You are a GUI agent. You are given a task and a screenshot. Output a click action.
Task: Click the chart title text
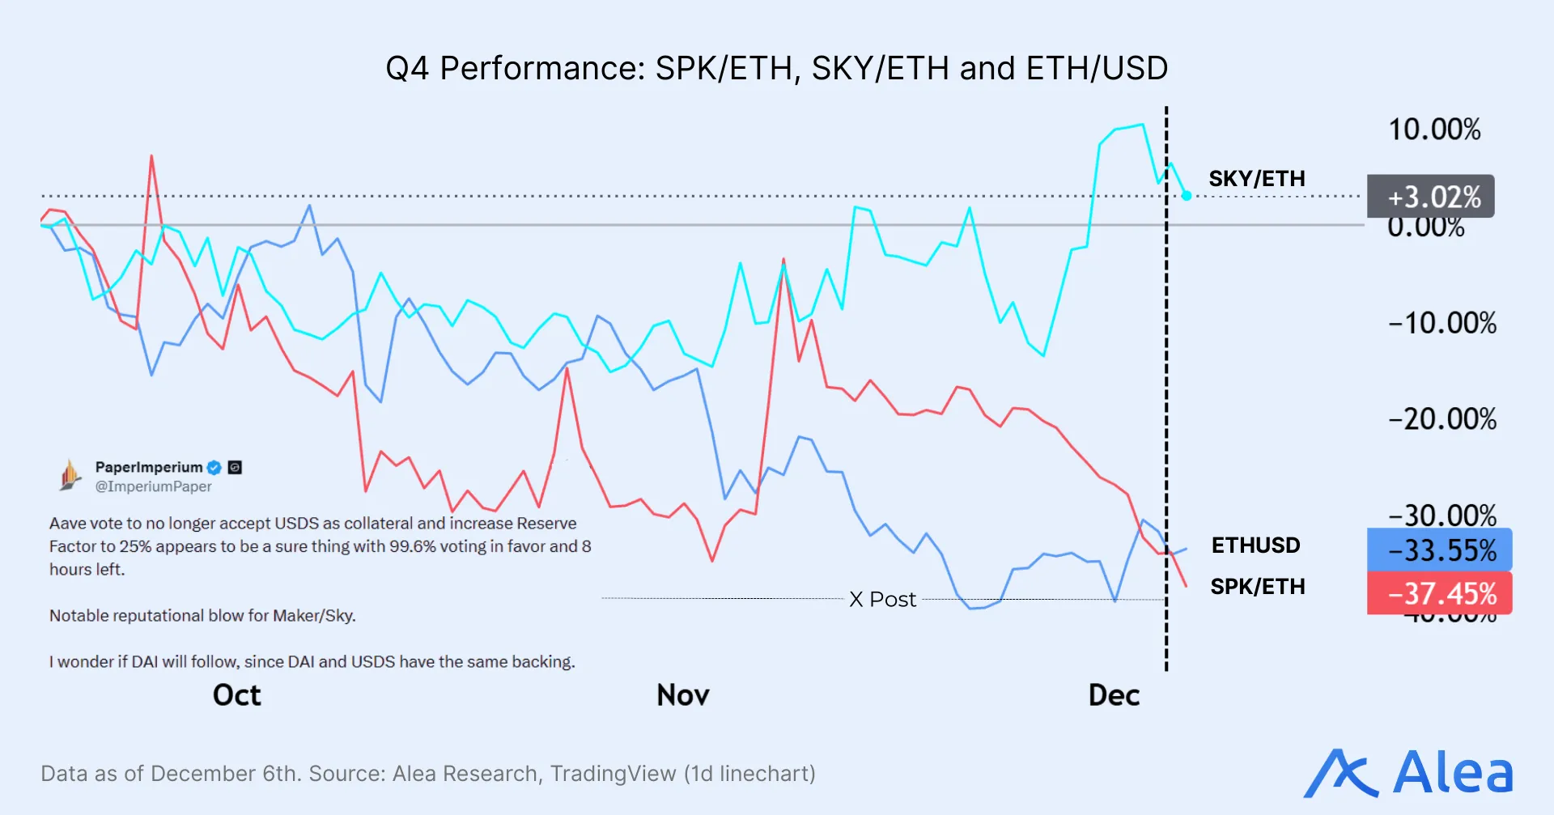coord(776,68)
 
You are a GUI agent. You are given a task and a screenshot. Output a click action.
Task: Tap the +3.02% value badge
coord(1430,197)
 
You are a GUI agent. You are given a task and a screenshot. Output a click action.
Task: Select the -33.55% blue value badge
coord(1439,550)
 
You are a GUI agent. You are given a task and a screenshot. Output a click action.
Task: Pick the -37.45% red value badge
coord(1439,593)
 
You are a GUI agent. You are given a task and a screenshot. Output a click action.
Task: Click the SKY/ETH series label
coord(1256,179)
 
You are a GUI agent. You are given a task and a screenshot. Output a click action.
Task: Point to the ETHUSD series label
coord(1255,545)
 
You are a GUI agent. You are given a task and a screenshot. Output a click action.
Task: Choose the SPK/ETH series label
coord(1257,587)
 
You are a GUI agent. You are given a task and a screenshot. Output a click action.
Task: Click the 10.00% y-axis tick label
coord(1434,129)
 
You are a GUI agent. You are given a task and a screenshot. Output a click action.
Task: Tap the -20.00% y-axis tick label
coord(1441,419)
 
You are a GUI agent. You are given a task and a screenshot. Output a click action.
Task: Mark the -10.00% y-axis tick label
coord(1441,323)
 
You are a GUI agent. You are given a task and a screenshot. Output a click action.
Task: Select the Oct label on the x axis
coord(236,695)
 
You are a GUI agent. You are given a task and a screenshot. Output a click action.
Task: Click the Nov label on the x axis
coord(682,695)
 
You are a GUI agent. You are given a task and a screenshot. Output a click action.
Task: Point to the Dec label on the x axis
coord(1114,695)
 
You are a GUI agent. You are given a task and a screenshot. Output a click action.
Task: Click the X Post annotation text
coord(882,600)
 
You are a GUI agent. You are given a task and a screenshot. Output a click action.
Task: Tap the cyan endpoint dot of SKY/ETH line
coord(1187,196)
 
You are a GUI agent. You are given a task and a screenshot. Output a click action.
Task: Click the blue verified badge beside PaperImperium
coord(214,468)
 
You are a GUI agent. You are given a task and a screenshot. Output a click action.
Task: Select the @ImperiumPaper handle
coord(153,486)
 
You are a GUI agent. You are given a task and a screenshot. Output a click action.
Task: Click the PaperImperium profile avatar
coord(70,475)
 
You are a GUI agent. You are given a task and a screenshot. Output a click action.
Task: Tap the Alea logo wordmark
coord(1452,773)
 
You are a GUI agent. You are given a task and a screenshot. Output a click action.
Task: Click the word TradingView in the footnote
coord(613,774)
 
